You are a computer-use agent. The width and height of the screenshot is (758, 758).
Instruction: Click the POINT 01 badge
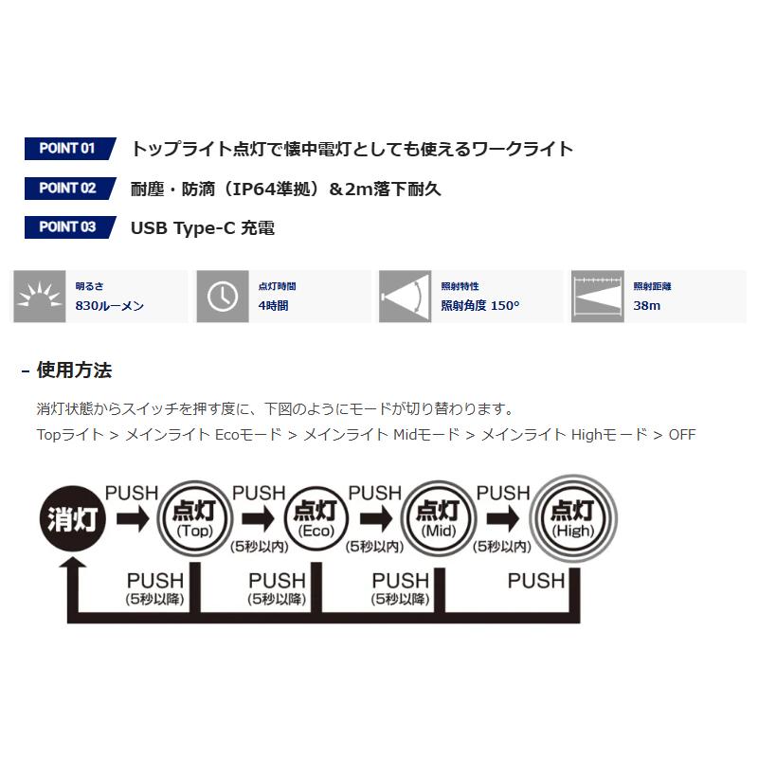[x=68, y=149]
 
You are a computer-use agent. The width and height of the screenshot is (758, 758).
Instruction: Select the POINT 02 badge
[x=68, y=188]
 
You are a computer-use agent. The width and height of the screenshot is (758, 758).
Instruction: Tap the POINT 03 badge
[x=68, y=227]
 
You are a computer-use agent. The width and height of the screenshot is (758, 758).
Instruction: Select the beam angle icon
[x=405, y=297]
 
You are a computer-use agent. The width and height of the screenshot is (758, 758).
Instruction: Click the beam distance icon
[x=595, y=297]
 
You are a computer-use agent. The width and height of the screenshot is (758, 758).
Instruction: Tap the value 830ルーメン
[x=110, y=306]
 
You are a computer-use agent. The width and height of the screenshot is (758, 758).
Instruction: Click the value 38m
[x=647, y=306]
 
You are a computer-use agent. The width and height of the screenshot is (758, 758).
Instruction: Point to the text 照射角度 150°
[x=480, y=306]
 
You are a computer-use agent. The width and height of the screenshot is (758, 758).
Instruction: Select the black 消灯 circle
[x=72, y=518]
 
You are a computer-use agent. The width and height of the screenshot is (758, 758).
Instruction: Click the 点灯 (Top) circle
[x=193, y=517]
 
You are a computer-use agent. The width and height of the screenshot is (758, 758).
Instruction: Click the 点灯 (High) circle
[x=572, y=517]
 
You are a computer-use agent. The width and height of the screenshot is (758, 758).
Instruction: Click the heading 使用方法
[x=74, y=370]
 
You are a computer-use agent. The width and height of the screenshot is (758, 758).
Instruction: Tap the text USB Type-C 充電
[x=203, y=227]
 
